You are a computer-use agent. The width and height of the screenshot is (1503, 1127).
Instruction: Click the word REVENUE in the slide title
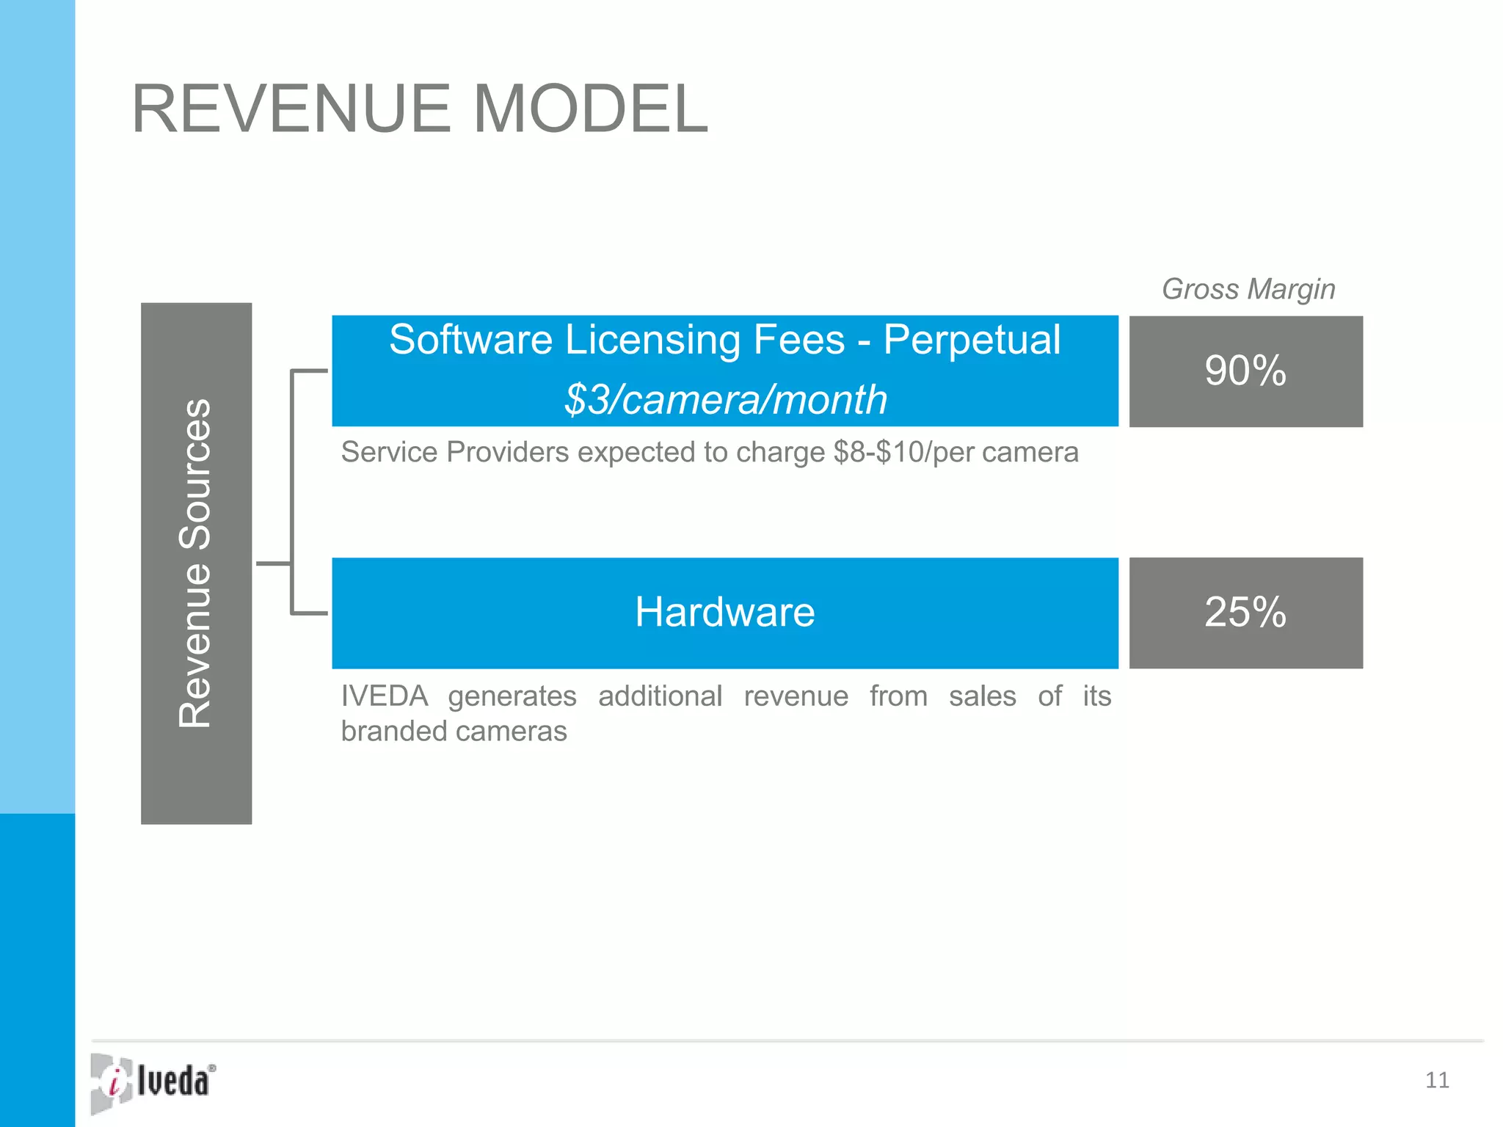(x=291, y=109)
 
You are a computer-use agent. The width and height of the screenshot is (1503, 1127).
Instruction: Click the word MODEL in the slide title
(x=591, y=109)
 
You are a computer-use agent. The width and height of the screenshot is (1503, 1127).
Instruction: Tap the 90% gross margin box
(x=1245, y=371)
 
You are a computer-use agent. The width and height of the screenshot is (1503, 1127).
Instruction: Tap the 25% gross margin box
(x=1245, y=613)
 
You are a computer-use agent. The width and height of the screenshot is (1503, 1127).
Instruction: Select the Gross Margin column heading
(x=1248, y=289)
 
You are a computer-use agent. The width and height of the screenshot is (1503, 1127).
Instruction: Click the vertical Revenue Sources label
(x=196, y=563)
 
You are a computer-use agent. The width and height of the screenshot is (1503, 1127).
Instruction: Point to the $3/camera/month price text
(x=725, y=400)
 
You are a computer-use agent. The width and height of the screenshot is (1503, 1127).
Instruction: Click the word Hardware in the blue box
(x=725, y=612)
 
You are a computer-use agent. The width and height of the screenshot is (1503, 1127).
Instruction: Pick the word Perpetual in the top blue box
(x=972, y=340)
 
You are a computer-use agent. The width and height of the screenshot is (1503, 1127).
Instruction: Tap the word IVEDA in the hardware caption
(x=385, y=696)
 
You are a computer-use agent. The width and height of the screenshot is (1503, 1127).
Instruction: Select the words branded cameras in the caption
(x=454, y=732)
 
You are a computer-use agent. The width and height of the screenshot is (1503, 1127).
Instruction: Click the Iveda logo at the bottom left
(x=153, y=1082)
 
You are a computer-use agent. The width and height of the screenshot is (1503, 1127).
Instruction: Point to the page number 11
(x=1437, y=1080)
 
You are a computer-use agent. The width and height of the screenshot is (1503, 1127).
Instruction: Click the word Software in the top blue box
(x=470, y=340)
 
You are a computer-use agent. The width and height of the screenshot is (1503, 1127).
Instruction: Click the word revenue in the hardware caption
(x=796, y=696)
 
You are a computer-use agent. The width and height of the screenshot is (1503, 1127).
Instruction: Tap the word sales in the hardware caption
(x=982, y=696)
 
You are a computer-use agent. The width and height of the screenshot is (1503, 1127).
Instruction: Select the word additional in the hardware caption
(x=660, y=696)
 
